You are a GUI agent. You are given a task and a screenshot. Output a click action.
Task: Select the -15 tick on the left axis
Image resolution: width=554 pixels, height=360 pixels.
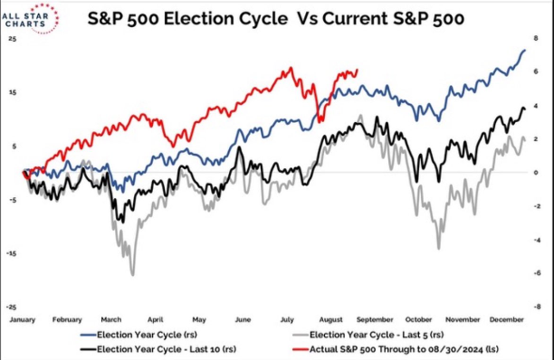pos(10,253)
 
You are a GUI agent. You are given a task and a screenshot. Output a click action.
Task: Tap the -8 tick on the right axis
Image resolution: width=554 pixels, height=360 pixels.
pos(537,307)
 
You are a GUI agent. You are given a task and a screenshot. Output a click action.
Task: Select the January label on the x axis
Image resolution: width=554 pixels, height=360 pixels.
pos(23,320)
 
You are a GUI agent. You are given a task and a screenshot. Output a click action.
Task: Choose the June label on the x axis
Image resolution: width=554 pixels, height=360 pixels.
pos(243,320)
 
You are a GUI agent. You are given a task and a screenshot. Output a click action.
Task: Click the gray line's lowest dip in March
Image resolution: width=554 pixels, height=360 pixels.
pos(133,273)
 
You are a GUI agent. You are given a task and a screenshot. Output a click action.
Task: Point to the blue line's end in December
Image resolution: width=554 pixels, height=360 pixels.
pos(524,51)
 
